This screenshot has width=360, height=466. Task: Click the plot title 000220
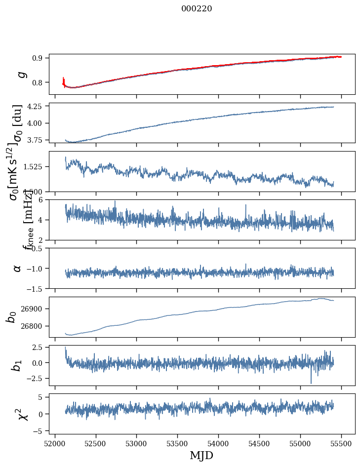coord(197,9)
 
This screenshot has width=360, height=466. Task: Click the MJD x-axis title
coord(201,455)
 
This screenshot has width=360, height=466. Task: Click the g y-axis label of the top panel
coord(21,74)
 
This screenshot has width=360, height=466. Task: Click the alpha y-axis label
coord(17,268)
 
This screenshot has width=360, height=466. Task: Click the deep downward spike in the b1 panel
coord(311,383)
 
